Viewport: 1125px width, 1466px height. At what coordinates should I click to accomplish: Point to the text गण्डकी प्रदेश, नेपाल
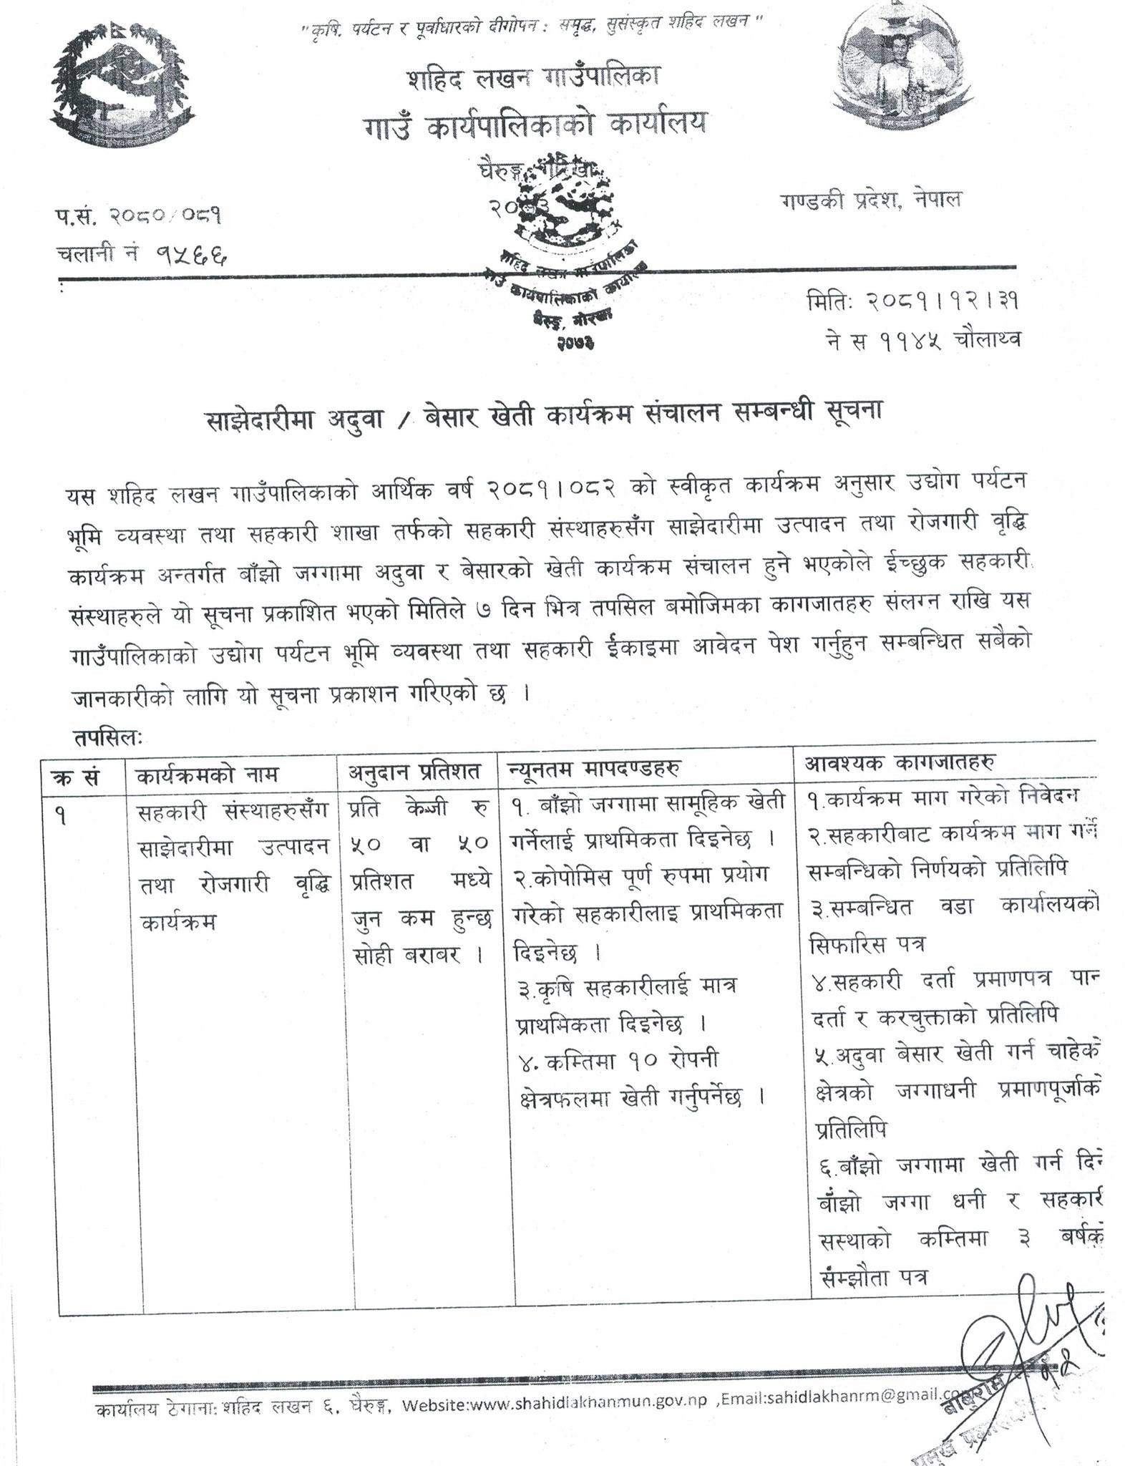(871, 200)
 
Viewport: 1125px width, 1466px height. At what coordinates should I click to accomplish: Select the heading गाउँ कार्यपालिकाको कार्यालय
(533, 124)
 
